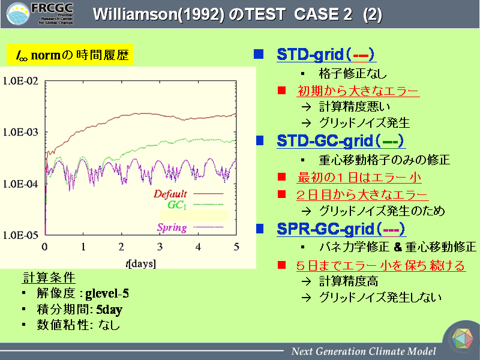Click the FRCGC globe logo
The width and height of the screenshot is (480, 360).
point(18,14)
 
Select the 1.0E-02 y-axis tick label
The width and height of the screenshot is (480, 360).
point(20,81)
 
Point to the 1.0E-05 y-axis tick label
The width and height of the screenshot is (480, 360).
point(20,235)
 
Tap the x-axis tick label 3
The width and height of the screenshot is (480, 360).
point(160,247)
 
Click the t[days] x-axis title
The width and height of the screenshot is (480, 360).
point(141,263)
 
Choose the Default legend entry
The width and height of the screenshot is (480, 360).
point(188,193)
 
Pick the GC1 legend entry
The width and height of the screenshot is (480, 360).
point(196,205)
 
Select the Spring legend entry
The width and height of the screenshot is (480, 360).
point(190,227)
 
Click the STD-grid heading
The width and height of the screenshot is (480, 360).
point(325,55)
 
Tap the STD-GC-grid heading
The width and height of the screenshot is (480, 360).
point(340,141)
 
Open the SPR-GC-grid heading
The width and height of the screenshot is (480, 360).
point(341,229)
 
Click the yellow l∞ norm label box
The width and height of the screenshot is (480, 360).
point(70,55)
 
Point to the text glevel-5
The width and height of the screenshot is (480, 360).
point(107,293)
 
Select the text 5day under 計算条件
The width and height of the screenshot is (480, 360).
point(109,310)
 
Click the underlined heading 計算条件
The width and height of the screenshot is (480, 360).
point(49,277)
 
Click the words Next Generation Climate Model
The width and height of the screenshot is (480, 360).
point(364,351)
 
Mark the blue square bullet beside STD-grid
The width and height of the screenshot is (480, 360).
point(259,54)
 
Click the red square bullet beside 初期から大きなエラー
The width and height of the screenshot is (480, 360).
point(281,91)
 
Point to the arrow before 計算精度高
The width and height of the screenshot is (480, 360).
point(306,281)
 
